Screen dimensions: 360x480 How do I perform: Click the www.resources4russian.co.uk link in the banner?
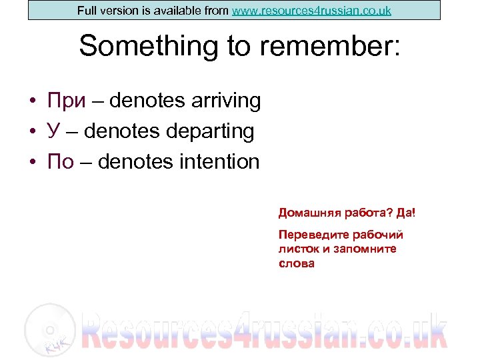click(x=311, y=11)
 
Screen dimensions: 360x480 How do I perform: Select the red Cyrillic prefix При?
click(x=66, y=101)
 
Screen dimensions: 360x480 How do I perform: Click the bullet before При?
click(x=33, y=102)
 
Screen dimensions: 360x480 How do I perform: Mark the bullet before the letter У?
click(x=33, y=133)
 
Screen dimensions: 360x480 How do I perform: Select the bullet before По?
click(x=33, y=163)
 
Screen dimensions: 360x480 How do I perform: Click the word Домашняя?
click(x=309, y=213)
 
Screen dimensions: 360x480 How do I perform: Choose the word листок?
click(x=297, y=249)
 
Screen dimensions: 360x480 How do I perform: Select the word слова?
click(x=296, y=263)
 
